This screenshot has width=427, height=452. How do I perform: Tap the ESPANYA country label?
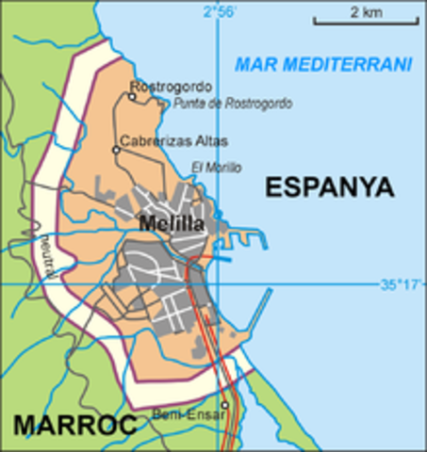328,186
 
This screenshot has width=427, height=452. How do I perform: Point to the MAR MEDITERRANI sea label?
323,65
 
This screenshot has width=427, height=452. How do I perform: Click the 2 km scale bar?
365,21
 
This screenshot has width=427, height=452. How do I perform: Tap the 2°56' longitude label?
221,11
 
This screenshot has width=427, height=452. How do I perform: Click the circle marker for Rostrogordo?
132,96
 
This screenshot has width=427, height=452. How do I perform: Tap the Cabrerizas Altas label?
173,140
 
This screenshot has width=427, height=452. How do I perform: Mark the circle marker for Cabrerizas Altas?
116,150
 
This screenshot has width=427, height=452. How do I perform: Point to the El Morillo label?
216,167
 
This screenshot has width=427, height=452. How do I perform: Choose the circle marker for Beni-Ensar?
224,406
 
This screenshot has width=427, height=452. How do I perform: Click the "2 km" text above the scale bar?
365,11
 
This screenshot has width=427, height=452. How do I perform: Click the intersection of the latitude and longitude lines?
218,283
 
